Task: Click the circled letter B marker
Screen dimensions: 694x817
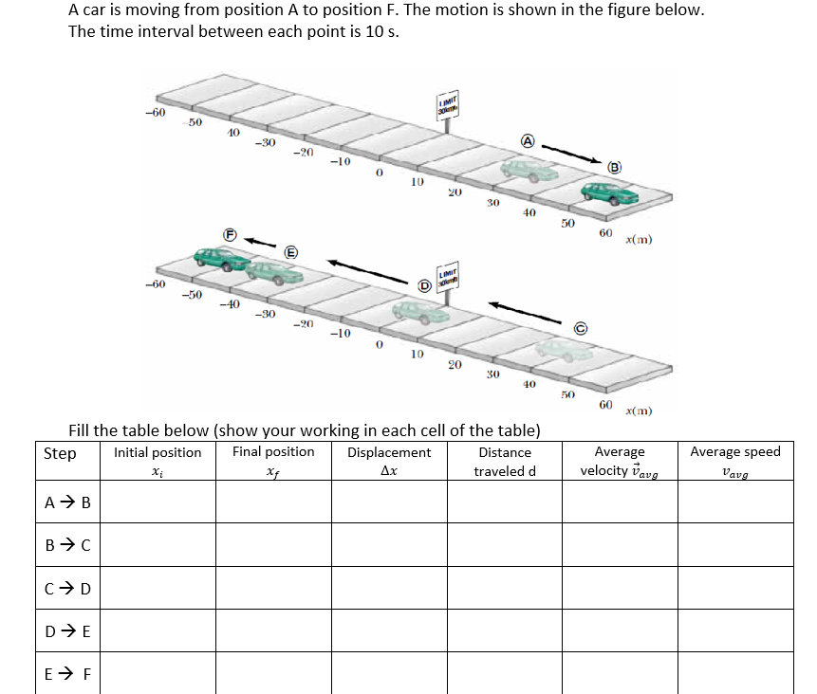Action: pos(614,167)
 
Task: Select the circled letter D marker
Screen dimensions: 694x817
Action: pos(426,284)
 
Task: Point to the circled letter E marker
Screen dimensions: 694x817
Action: pos(291,251)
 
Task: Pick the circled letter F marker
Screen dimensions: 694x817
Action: pos(229,233)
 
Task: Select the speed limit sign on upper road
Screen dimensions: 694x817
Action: pos(446,108)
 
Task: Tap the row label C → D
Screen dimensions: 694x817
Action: pos(68,587)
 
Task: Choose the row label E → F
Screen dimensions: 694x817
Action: pos(68,674)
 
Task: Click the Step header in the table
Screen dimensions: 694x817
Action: pos(60,453)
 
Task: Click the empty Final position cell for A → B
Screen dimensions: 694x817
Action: pos(273,502)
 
